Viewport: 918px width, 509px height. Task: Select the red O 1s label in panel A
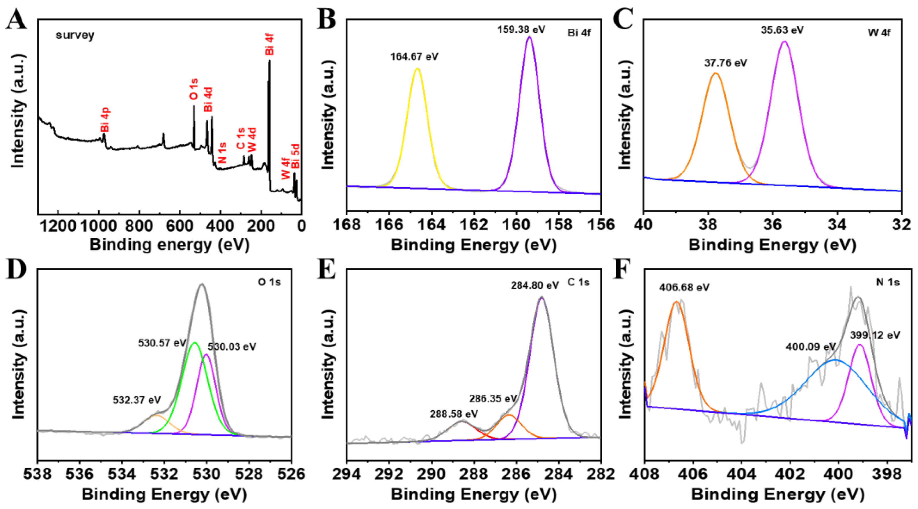point(193,89)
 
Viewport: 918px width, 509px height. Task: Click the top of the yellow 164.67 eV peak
point(417,69)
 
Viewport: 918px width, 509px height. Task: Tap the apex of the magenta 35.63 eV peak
point(784,42)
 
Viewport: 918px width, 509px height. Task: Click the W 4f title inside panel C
point(879,33)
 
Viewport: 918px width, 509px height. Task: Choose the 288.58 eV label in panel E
point(454,414)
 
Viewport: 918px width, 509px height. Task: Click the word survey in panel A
point(75,35)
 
